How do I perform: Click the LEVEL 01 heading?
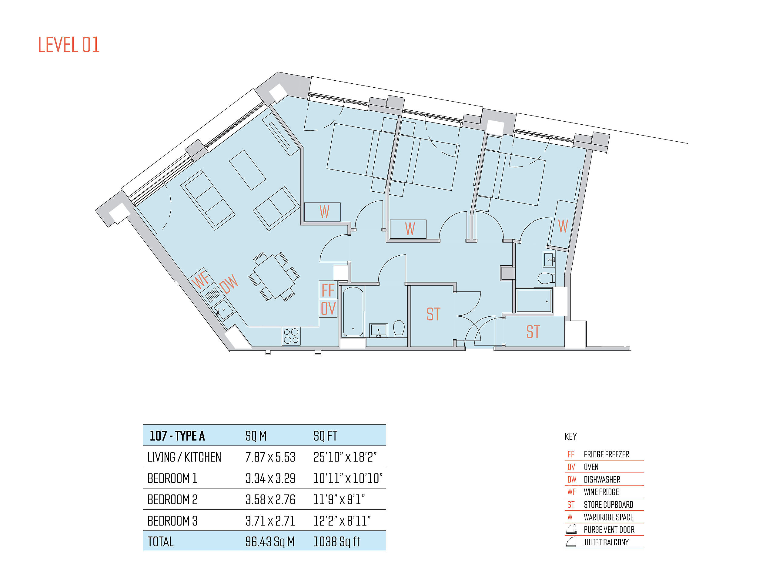69,45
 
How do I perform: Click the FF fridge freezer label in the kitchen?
328,290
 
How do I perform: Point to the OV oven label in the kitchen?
328,308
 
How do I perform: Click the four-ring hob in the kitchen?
291,336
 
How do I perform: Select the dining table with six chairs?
274,277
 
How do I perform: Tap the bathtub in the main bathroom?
353,311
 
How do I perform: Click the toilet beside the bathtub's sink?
399,328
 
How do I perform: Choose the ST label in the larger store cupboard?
433,314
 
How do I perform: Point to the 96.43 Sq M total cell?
270,542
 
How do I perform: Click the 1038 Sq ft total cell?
337,542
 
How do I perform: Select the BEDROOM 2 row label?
172,499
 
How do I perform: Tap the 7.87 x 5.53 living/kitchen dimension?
270,457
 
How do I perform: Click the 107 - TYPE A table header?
177,436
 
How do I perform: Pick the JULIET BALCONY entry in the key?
606,542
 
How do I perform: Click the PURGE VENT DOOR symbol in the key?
571,529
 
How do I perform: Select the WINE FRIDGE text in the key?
601,492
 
